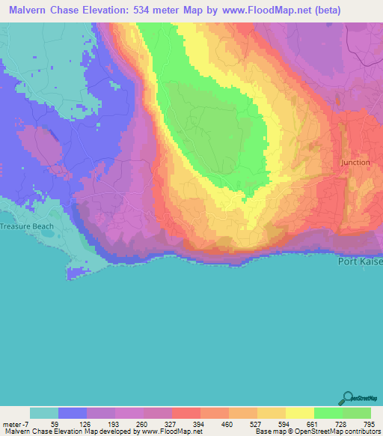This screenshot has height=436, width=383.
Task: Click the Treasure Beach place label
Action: pyautogui.click(x=28, y=225)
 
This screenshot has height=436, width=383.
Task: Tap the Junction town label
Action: pyautogui.click(x=355, y=162)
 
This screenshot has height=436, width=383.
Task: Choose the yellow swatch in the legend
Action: pyautogui.click(x=299, y=413)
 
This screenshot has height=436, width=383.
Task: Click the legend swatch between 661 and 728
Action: pyautogui.click(x=328, y=413)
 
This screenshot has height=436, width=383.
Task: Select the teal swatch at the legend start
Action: pyautogui.click(x=43, y=413)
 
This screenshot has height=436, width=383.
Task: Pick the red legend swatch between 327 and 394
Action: pyautogui.click(x=186, y=413)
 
